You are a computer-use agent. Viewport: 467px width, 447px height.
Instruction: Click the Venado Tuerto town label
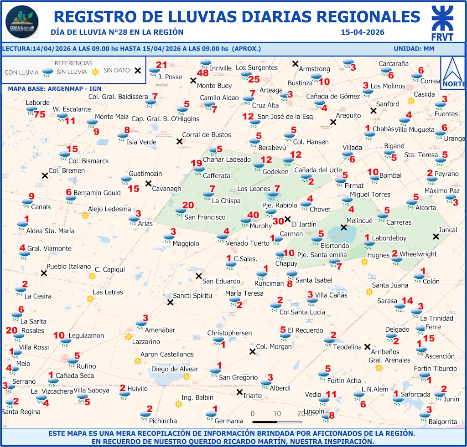[x=248, y=243]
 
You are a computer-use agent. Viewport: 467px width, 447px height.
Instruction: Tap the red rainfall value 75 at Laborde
[x=40, y=114]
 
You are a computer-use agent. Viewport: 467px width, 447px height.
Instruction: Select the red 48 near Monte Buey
[x=202, y=73]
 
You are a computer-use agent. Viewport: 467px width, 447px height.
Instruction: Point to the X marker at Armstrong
[x=296, y=64]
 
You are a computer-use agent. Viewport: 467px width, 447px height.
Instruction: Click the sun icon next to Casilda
[x=411, y=100]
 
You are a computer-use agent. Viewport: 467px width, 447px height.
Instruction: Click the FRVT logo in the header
[x=442, y=24]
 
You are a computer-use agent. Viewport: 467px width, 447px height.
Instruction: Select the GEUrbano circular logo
[x=22, y=22]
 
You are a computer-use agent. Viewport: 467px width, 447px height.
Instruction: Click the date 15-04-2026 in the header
[x=363, y=32]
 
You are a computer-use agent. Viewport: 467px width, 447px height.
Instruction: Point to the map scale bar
[x=276, y=422]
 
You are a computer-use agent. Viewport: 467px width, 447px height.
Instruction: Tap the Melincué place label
[x=359, y=221]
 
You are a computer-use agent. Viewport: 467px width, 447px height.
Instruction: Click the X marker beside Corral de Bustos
[x=179, y=141]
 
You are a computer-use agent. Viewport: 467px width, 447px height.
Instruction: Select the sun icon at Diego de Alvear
[x=186, y=376]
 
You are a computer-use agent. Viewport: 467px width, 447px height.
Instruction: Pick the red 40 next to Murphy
[x=253, y=215]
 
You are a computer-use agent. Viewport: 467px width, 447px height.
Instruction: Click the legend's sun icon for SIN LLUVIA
[x=95, y=72]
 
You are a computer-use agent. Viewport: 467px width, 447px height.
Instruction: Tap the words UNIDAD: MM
[x=414, y=49]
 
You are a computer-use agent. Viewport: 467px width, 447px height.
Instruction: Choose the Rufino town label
[x=86, y=366]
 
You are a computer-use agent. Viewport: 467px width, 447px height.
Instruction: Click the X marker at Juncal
[x=436, y=236]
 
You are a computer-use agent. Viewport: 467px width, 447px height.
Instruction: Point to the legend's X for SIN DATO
[x=137, y=70]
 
